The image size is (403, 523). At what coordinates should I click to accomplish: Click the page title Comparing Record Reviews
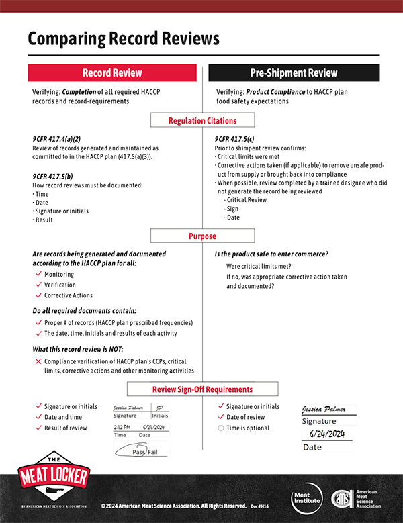(124, 38)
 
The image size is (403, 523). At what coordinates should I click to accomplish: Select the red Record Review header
(111, 73)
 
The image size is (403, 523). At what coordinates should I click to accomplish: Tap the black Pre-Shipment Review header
(294, 73)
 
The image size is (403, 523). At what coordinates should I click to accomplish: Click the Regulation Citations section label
(202, 121)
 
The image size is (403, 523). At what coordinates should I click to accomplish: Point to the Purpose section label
(202, 236)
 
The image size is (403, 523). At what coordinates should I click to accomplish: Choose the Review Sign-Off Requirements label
(202, 389)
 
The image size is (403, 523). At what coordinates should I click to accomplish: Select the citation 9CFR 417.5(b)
(56, 176)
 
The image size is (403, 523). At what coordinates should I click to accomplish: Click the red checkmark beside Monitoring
(38, 274)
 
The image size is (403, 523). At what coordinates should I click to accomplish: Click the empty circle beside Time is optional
(220, 428)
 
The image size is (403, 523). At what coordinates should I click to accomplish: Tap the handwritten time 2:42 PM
(122, 427)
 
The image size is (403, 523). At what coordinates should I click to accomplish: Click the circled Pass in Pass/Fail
(138, 452)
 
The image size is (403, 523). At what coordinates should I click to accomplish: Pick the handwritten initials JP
(160, 408)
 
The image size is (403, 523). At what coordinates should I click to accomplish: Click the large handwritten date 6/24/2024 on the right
(326, 434)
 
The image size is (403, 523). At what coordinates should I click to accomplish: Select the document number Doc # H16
(261, 505)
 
